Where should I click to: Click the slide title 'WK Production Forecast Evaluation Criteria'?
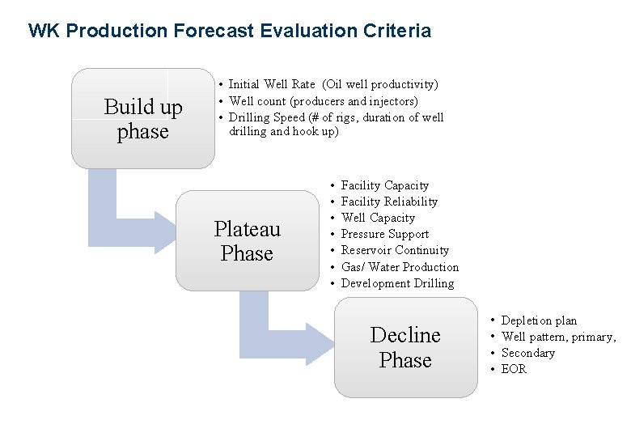(229, 32)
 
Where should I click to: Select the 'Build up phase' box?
(143, 119)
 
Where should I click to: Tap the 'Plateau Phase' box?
(247, 241)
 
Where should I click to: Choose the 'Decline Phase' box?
(405, 347)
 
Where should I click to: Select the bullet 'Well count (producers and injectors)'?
(324, 101)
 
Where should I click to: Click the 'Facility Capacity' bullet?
(384, 185)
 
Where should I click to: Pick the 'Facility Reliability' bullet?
(389, 202)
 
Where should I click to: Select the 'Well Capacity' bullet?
(378, 218)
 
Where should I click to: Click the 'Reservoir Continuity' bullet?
(395, 250)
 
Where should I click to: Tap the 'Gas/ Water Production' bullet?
(400, 267)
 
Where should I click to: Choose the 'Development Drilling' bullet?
(397, 283)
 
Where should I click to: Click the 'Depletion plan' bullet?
(539, 320)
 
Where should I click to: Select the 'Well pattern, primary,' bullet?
(558, 337)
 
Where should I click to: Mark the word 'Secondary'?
(528, 353)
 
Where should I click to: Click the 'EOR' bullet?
(514, 369)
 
